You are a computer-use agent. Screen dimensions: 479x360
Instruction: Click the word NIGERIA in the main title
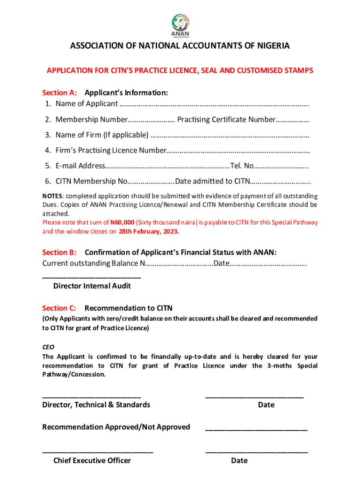click(271, 46)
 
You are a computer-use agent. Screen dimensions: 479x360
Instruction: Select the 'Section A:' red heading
click(59, 93)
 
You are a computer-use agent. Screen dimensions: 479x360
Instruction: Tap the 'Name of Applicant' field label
click(86, 103)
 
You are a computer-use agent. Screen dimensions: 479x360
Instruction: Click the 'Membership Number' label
click(91, 119)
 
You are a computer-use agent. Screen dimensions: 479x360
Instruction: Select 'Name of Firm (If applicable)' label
click(101, 135)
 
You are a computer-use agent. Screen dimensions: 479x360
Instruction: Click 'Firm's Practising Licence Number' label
click(110, 150)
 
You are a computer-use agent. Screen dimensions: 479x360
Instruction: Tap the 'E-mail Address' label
click(80, 166)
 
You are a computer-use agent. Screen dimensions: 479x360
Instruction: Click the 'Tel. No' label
click(242, 166)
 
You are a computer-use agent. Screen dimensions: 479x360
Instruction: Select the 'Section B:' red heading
click(59, 252)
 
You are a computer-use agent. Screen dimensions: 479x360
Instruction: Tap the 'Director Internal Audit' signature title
click(92, 286)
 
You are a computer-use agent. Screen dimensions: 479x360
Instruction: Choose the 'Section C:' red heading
click(59, 308)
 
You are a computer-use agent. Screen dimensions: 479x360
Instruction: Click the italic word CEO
click(49, 347)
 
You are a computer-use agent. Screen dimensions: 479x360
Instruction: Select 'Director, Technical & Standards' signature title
click(96, 405)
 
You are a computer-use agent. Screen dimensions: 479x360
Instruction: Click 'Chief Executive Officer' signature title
click(92, 461)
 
